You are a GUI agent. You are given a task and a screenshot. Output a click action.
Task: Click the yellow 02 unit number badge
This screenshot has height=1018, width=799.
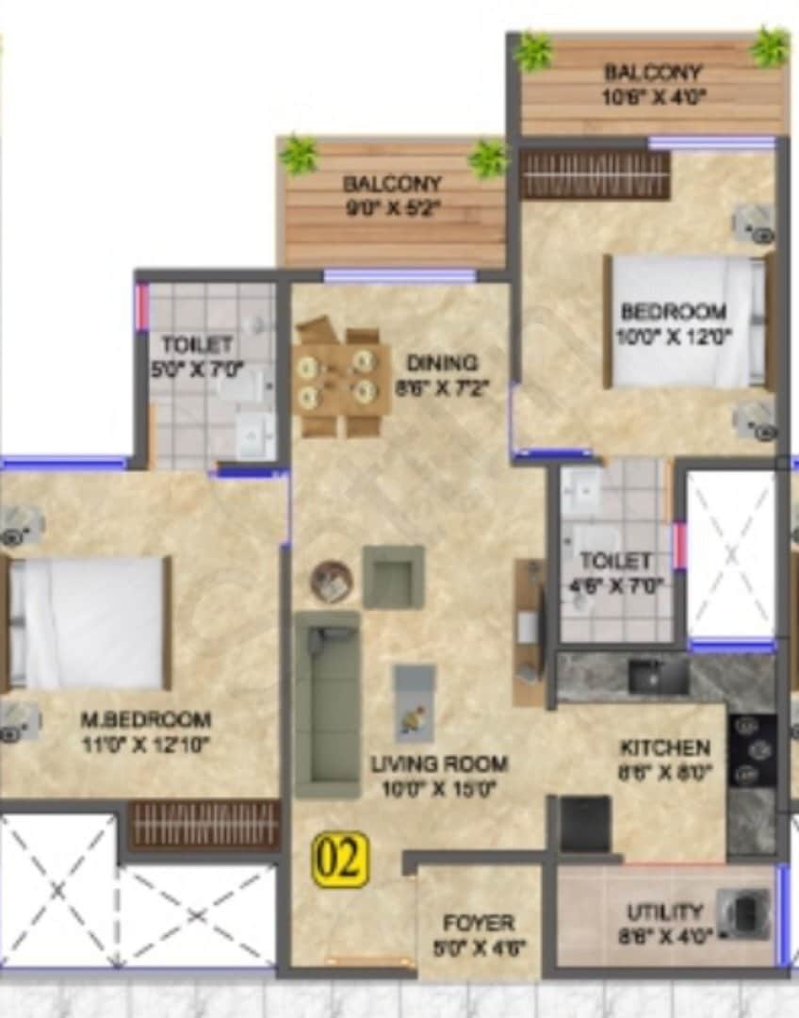340,860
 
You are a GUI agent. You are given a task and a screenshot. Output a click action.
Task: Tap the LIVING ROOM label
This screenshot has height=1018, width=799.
439,763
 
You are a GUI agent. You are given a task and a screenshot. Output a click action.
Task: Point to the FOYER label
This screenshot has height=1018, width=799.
479,923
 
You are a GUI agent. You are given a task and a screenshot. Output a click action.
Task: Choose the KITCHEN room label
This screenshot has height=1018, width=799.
664,748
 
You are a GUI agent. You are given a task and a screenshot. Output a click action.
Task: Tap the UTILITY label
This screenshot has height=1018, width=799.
664,912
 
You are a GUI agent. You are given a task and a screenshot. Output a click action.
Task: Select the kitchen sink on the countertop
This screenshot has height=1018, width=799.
659,676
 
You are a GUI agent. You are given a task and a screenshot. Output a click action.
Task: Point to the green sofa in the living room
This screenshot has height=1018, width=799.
327,702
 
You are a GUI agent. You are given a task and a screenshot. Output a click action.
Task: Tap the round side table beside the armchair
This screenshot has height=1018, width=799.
331,582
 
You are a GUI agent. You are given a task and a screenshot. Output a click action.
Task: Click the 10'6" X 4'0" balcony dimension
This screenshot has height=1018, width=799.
653,95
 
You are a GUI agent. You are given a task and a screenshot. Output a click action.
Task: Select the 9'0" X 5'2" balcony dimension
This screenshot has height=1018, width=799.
393,207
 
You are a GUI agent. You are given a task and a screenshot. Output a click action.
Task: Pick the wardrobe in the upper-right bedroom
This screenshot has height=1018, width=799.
595,174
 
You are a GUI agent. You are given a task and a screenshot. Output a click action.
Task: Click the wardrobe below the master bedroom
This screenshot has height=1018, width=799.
204,825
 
